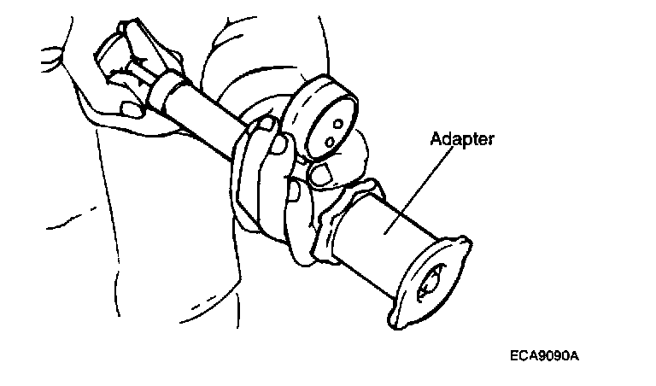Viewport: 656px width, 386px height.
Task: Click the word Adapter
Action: (462, 138)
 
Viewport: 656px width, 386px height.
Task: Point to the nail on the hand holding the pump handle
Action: (132, 109)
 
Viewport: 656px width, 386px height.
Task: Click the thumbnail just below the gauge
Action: (319, 176)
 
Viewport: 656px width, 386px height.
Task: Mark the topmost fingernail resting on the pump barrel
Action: (266, 126)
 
